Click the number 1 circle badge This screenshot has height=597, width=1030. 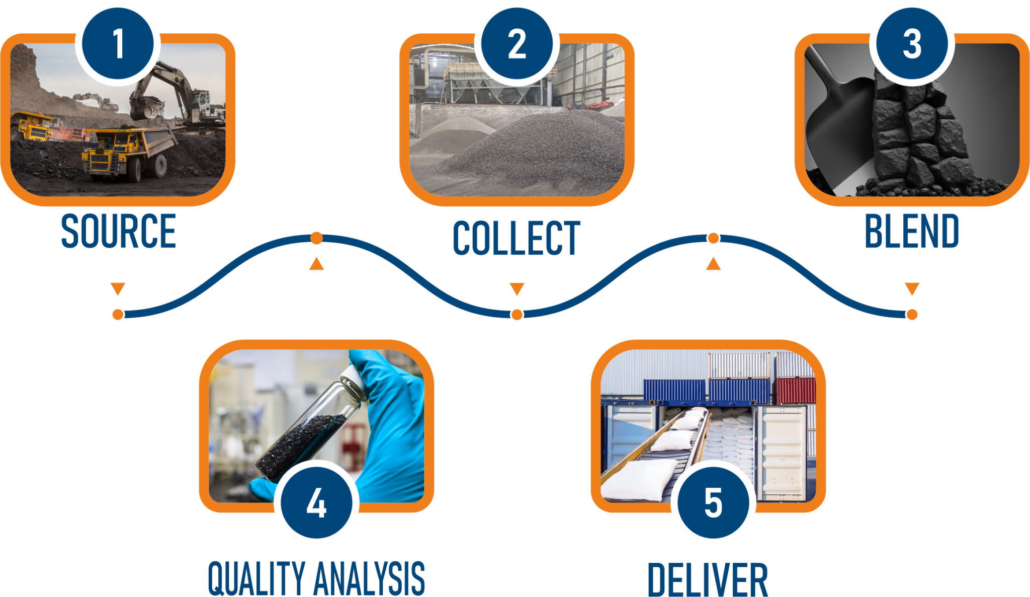coord(118,43)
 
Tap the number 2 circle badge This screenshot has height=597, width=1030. coord(517,43)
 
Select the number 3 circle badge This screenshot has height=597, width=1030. coord(912,43)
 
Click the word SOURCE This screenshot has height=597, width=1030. coord(119,231)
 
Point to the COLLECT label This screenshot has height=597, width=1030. coord(517,238)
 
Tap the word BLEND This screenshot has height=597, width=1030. coord(912,231)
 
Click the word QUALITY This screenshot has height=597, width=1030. coord(256,579)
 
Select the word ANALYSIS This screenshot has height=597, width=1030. coord(369,579)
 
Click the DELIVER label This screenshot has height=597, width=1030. coord(708,580)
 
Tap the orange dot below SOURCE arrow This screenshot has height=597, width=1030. coord(118,315)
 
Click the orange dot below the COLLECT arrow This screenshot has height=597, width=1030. coord(517,315)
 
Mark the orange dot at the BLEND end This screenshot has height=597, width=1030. coord(912,315)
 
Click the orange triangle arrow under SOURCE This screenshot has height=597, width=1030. coord(118,288)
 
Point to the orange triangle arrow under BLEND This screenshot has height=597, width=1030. coord(912,288)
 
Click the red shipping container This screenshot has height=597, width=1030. coord(795,390)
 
